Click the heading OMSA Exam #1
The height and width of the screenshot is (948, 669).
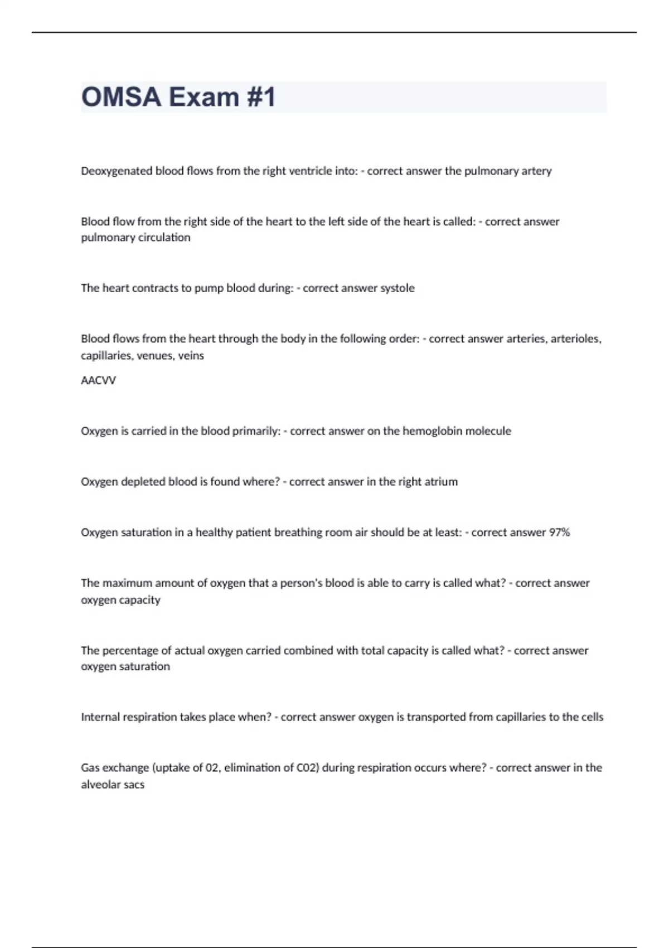click(178, 97)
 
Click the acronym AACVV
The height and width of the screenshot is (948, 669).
click(98, 380)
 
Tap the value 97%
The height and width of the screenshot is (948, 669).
click(559, 533)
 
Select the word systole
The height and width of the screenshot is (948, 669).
click(397, 288)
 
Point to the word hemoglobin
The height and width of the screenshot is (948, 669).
click(432, 431)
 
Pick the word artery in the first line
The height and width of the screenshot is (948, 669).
click(536, 171)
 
